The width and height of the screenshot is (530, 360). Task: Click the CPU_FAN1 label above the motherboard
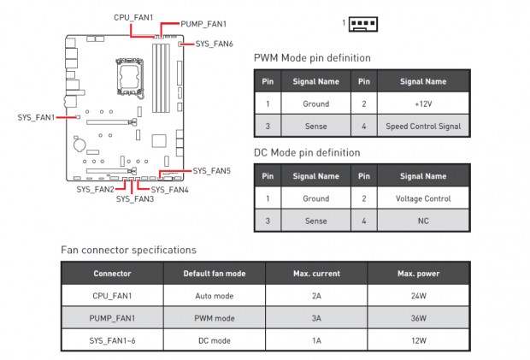[133, 17]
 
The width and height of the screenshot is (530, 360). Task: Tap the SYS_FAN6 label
[214, 43]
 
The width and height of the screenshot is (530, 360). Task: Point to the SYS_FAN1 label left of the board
[36, 117]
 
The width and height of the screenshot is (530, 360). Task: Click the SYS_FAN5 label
[211, 171]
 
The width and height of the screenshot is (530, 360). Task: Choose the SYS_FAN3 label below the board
[134, 199]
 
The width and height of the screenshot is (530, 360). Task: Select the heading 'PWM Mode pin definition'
[312, 58]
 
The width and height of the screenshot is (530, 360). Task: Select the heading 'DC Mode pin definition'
[307, 153]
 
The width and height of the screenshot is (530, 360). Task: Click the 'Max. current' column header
[316, 274]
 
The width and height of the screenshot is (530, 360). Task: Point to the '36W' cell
[418, 318]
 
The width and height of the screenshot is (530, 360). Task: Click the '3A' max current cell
[316, 318]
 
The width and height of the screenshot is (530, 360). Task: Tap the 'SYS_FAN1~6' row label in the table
[112, 340]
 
